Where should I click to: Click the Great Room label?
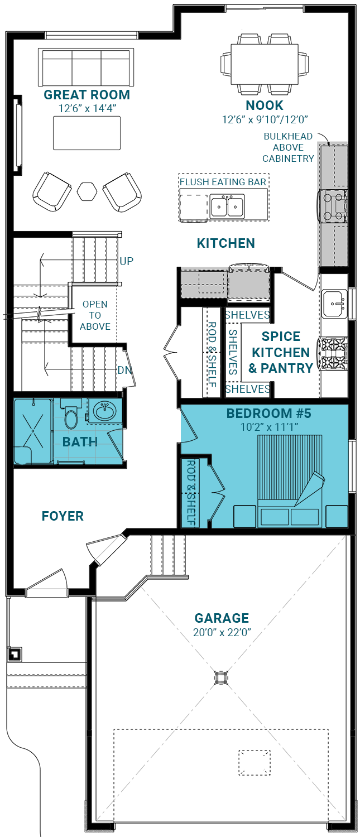(x=87, y=95)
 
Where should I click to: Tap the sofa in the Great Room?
(x=86, y=68)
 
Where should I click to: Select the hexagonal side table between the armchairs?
(x=87, y=191)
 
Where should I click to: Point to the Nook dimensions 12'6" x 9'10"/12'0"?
(x=265, y=119)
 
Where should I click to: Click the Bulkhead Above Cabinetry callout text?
(x=288, y=147)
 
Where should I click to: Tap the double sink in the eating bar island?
(x=227, y=206)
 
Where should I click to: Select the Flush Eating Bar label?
(x=223, y=182)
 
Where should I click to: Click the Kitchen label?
(x=226, y=243)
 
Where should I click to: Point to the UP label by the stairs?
(x=126, y=261)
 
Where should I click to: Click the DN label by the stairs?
(x=124, y=370)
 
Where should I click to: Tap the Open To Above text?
(x=95, y=315)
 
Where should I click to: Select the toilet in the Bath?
(x=71, y=413)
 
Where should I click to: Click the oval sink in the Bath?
(x=105, y=411)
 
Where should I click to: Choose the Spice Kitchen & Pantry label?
(x=281, y=352)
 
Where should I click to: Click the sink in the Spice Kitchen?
(x=335, y=303)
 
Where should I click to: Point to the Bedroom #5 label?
(x=269, y=413)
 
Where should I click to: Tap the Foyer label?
(x=63, y=516)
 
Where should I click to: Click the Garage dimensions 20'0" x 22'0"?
(x=222, y=632)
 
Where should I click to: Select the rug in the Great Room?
(x=87, y=133)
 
